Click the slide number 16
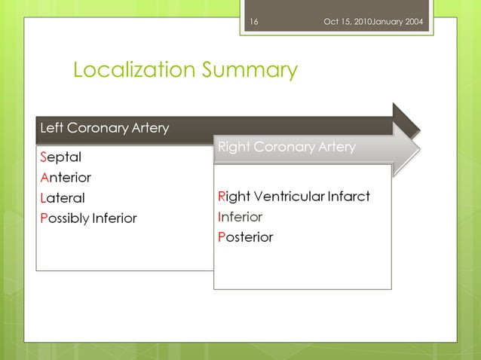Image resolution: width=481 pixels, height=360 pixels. click(253, 21)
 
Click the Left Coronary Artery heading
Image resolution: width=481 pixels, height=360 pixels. click(104, 128)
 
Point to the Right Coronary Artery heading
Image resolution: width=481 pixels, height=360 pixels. click(286, 147)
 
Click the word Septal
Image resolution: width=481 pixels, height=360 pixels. click(60, 157)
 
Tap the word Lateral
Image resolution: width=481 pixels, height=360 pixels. click(62, 198)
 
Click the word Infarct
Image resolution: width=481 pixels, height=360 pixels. click(348, 197)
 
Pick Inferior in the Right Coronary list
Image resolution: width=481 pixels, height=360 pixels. click(240, 217)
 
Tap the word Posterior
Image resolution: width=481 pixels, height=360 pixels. click(245, 237)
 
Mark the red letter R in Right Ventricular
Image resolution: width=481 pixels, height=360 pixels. click(221, 197)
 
